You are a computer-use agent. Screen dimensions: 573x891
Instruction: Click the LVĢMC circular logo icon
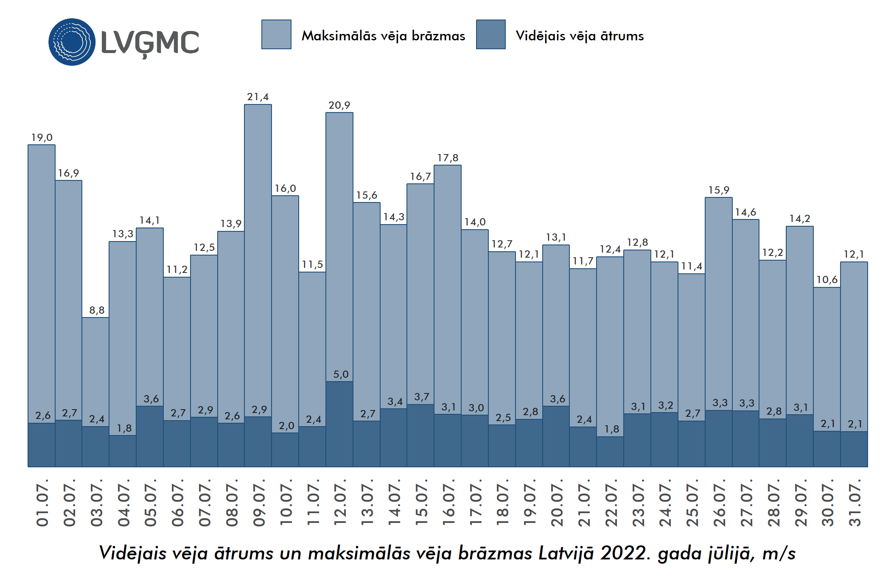[72, 42]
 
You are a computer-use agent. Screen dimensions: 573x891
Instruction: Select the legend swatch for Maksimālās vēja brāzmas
[276, 34]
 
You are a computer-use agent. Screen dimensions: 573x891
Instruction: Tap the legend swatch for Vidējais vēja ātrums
[490, 34]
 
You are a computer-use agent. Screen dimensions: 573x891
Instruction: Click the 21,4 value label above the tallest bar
[258, 97]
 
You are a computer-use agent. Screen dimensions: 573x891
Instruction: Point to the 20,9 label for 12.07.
[339, 105]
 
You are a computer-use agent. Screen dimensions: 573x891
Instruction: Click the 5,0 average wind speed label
[340, 374]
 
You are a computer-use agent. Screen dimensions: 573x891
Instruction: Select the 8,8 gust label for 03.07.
[96, 310]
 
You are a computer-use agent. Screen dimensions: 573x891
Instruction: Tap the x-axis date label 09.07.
[258, 503]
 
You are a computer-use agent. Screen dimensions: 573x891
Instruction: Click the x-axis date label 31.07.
[854, 503]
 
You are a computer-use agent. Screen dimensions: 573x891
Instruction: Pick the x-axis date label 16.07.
[448, 503]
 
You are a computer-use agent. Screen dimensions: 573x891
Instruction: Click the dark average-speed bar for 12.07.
[339, 424]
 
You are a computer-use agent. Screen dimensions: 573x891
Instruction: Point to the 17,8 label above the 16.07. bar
[448, 158]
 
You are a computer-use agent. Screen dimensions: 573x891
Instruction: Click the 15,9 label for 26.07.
[718, 190]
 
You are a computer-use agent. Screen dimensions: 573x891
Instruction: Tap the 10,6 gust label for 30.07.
[827, 280]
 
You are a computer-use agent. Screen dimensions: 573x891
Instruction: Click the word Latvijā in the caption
[566, 553]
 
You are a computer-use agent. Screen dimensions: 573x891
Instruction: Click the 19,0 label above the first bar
[42, 138]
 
